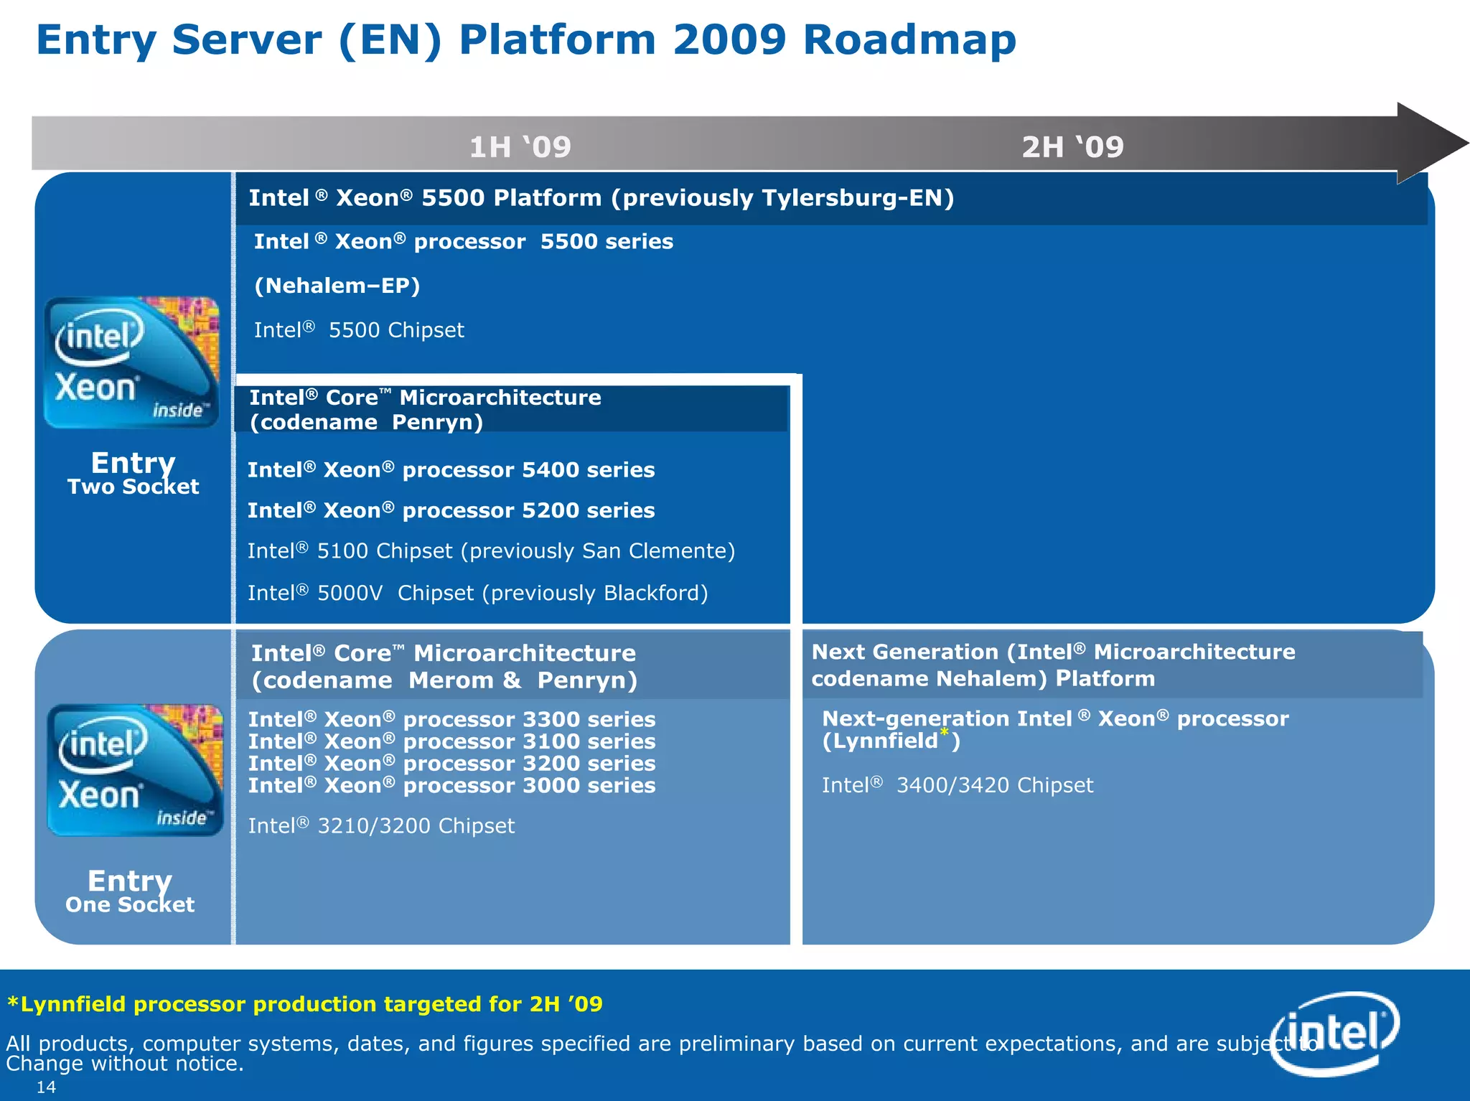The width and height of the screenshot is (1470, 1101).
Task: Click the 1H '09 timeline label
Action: (x=520, y=147)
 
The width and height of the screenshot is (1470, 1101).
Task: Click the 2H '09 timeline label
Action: (x=1072, y=147)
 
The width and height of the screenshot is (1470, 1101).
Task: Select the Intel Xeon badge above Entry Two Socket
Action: (x=131, y=362)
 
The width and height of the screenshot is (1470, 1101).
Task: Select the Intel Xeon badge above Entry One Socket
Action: (x=135, y=770)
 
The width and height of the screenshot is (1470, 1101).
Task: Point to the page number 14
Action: (x=46, y=1087)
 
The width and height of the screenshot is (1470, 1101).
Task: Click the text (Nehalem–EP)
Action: (x=337, y=286)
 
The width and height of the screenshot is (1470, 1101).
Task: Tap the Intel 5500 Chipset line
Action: (x=359, y=330)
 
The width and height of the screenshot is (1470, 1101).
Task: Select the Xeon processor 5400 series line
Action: (x=451, y=470)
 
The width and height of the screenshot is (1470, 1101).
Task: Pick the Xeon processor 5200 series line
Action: (x=451, y=510)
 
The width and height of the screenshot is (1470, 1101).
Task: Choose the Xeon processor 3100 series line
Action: (x=451, y=741)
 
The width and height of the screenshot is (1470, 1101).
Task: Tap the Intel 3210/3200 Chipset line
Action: (x=381, y=826)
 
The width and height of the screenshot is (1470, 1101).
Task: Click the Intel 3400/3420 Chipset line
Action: (x=957, y=785)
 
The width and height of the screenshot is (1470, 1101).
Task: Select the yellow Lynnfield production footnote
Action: (x=305, y=1004)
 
